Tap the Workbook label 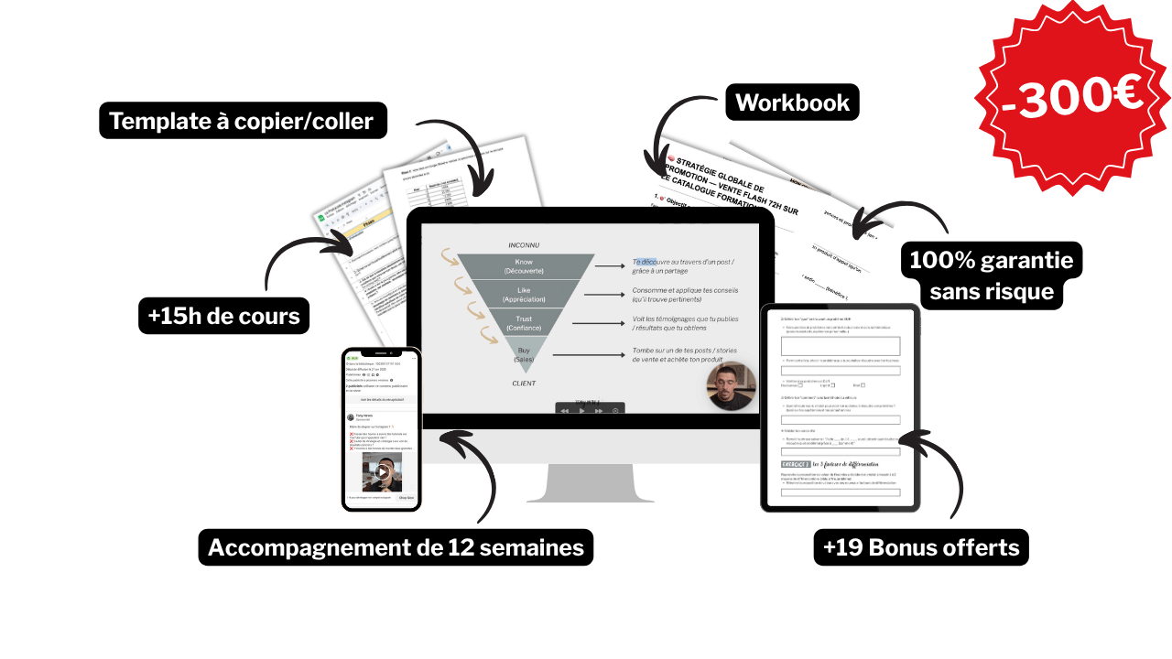[793, 103]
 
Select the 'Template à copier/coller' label [242, 121]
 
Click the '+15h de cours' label [223, 317]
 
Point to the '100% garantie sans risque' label [992, 276]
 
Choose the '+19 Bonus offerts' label [921, 547]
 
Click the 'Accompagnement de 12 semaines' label [396, 547]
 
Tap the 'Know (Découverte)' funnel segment [524, 267]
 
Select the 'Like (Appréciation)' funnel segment [524, 295]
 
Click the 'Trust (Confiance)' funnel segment [524, 323]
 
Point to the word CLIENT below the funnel [524, 383]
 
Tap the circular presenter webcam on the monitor [732, 386]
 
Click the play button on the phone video [382, 472]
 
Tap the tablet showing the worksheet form [840, 407]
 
